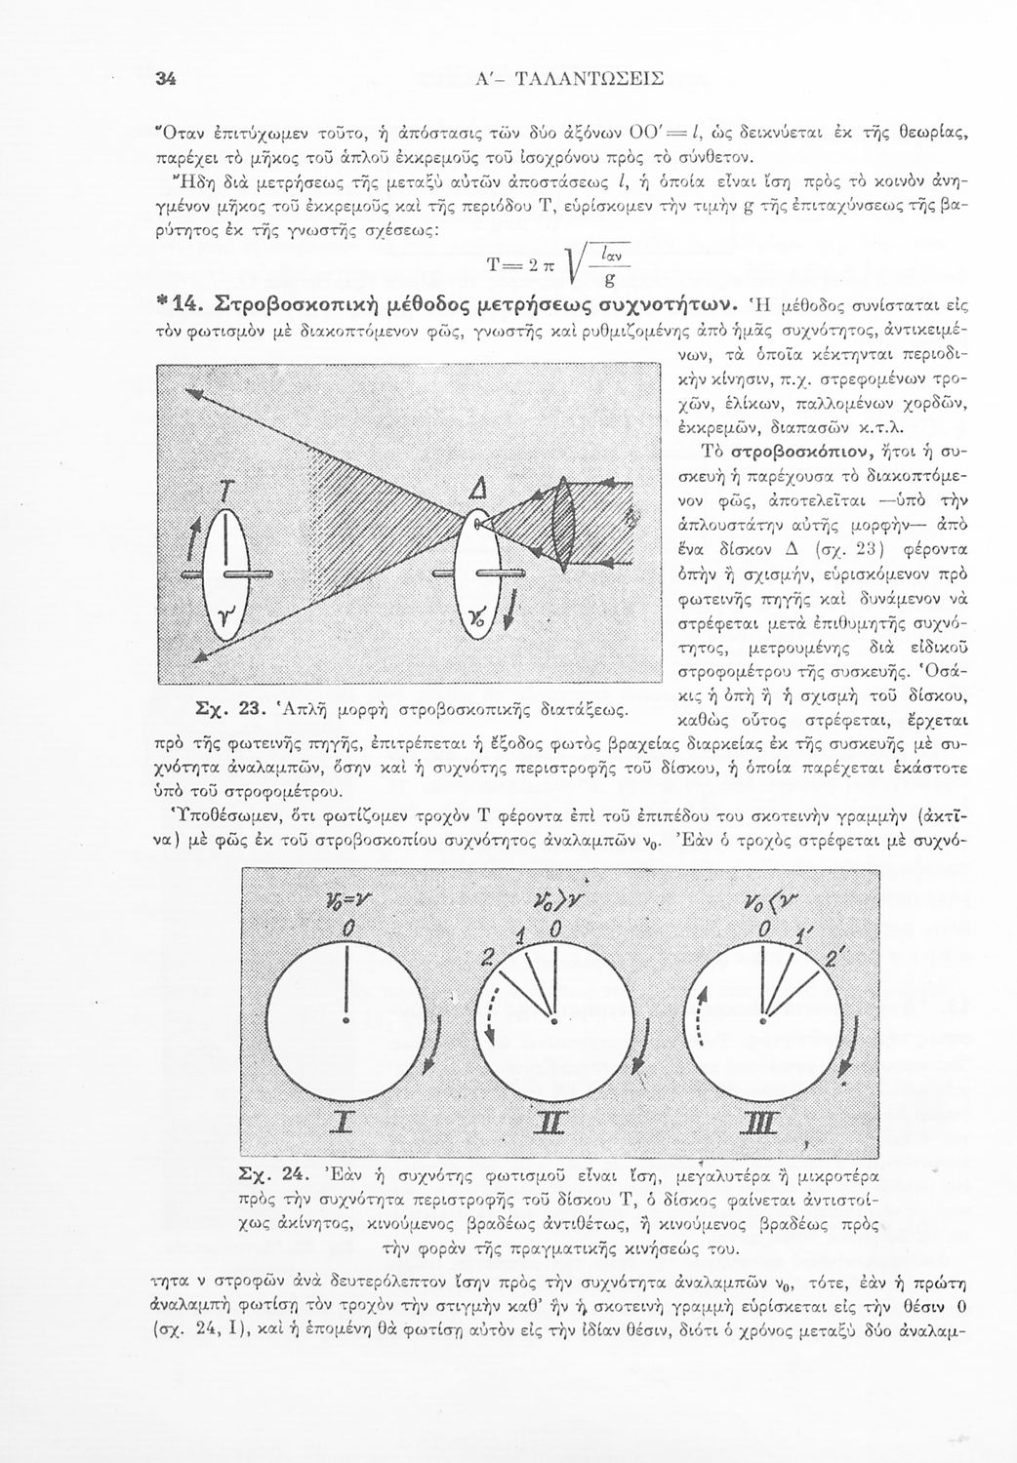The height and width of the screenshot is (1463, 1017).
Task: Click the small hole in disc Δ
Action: click(477, 526)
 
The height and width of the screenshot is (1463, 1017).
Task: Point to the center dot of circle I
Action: click(345, 1022)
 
